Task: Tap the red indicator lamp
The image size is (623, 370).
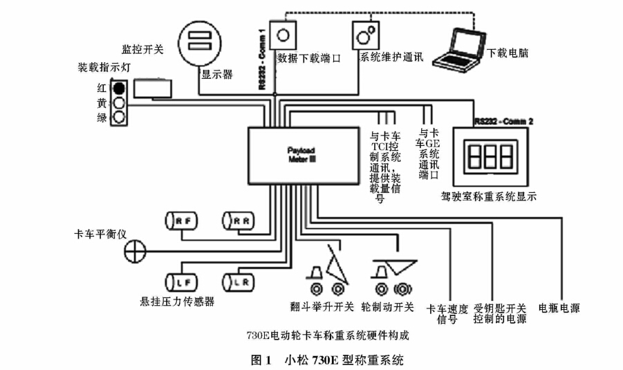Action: click(119, 89)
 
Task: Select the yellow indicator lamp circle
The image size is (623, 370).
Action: click(119, 103)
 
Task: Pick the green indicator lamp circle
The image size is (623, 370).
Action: click(119, 117)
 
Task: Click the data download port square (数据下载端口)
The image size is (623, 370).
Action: click(283, 34)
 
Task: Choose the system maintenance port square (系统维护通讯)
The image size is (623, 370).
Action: click(366, 34)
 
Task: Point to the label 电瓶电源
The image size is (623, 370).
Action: click(559, 308)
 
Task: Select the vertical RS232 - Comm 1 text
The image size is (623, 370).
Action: click(262, 61)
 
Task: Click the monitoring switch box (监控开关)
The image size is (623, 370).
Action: click(153, 88)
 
